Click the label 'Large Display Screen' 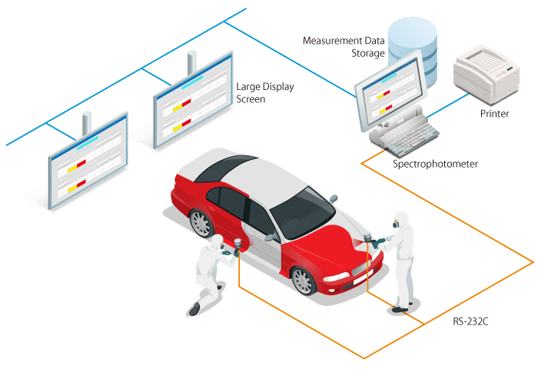266,92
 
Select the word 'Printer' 495,114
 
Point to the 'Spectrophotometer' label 435,165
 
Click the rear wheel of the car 201,224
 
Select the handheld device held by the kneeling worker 239,244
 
